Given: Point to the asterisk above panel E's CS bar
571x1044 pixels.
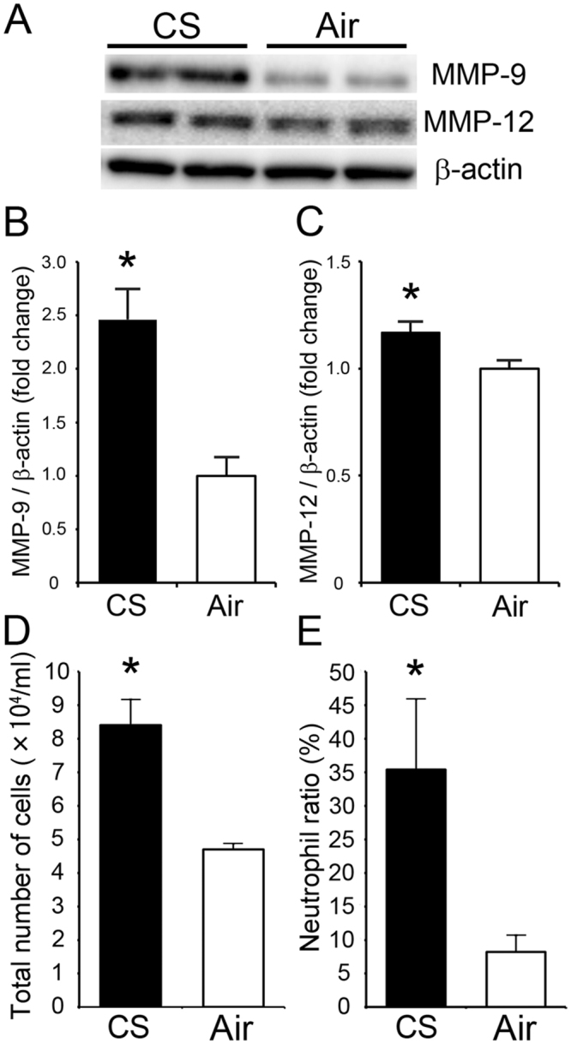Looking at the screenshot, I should (415, 668).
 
